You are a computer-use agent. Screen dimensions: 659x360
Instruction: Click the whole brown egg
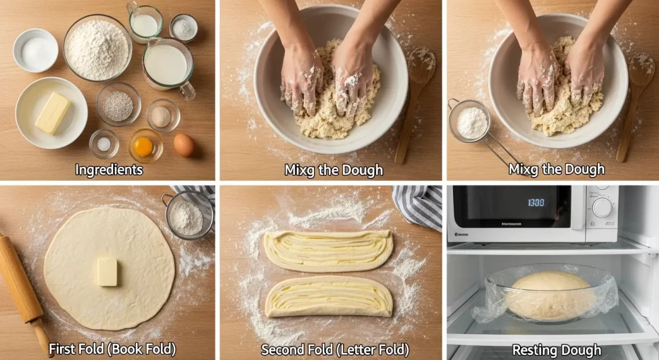coord(184,146)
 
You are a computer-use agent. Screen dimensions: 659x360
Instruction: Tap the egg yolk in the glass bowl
coord(144,147)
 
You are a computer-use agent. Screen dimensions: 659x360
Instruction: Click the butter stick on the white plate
coord(53,113)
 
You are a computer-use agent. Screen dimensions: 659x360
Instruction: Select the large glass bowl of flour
coord(98,48)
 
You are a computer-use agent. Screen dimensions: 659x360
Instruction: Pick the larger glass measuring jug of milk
coord(168,67)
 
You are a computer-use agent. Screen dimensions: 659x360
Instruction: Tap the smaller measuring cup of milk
coord(145,23)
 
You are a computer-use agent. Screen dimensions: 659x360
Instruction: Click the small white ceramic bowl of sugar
coord(36,50)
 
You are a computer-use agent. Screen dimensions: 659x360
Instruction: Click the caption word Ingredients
coord(109,170)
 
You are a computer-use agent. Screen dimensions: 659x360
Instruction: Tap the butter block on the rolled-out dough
coord(107,272)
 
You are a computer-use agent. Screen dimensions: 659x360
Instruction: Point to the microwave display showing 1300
coord(536,203)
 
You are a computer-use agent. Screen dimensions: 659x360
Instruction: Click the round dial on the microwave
coord(602,208)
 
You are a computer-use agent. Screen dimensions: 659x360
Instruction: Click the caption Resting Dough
coord(557,350)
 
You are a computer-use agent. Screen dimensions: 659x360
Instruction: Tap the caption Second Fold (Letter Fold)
coord(335,350)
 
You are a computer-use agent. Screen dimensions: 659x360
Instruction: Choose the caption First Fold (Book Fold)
coord(112,349)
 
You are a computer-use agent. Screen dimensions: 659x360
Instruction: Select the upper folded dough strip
coord(328,251)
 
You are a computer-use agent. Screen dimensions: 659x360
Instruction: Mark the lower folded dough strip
coord(329,296)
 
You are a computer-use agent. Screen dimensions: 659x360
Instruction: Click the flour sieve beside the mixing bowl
coord(469,121)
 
